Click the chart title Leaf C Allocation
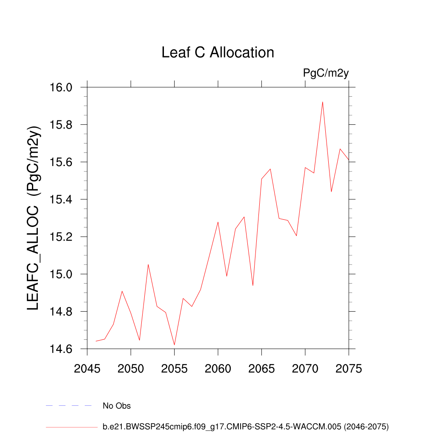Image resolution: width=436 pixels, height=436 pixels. [x=218, y=52]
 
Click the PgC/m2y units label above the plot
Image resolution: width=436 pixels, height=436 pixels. [x=326, y=73]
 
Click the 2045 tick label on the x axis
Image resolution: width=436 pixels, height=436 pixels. [x=87, y=368]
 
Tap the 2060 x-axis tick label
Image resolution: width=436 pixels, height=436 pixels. [x=218, y=368]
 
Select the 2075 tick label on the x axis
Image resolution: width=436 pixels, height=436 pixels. [x=349, y=368]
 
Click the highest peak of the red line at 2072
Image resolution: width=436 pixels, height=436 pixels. [x=323, y=102]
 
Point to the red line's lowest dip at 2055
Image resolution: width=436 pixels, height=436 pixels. [x=174, y=345]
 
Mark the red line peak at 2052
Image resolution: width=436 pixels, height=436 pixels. [x=148, y=264]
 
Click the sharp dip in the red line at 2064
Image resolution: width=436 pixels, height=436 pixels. [x=253, y=285]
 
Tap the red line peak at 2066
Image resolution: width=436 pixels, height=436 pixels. [x=270, y=169]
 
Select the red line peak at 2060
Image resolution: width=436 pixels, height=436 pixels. [x=218, y=222]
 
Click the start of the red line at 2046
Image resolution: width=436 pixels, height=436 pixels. [x=96, y=341]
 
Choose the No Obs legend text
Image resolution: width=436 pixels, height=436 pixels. [x=117, y=406]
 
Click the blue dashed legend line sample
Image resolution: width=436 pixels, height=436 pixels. [x=69, y=406]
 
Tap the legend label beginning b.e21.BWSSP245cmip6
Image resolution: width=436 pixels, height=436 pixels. [x=246, y=426]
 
